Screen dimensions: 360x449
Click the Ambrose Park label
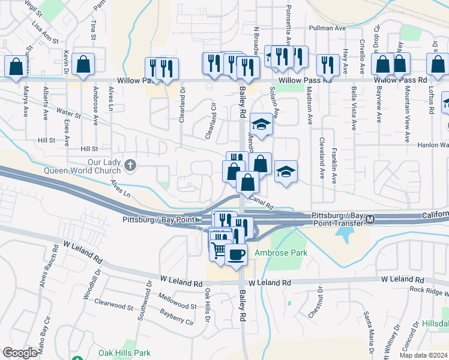click(281, 253)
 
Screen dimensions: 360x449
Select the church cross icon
click(130, 164)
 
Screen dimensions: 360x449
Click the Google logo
click(20, 353)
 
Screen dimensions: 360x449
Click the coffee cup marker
click(236, 254)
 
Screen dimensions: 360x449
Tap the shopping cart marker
click(219, 249)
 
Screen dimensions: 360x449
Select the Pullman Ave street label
click(327, 28)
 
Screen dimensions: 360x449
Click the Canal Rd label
click(261, 198)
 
